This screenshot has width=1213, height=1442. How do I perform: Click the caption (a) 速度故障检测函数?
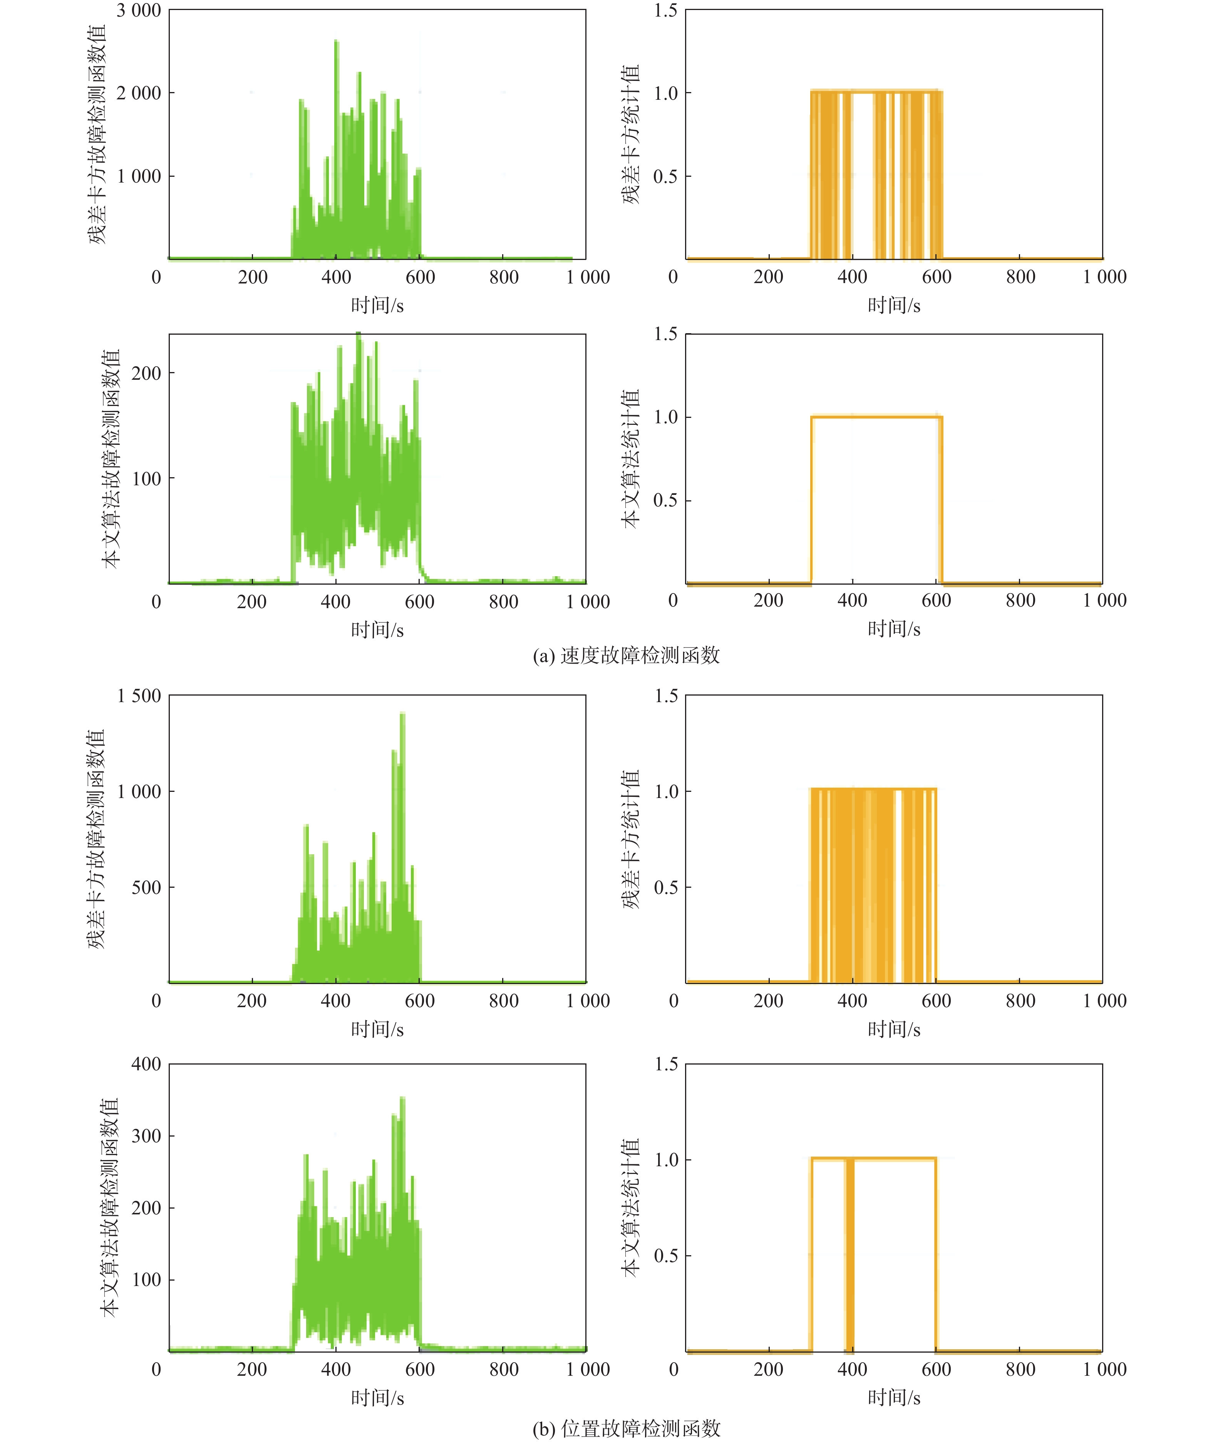pos(626,655)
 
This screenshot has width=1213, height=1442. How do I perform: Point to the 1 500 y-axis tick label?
pos(139,696)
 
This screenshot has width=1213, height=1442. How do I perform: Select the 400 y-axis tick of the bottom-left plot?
pos(146,1065)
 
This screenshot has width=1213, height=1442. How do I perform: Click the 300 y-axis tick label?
pos(146,1136)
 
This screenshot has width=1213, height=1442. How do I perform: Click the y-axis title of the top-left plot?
pos(97,134)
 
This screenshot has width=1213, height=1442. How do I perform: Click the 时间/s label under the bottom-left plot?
pos(377,1397)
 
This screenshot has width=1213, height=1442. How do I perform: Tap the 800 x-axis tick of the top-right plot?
pos(1020,277)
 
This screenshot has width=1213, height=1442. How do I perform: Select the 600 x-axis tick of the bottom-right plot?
pos(936,1369)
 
